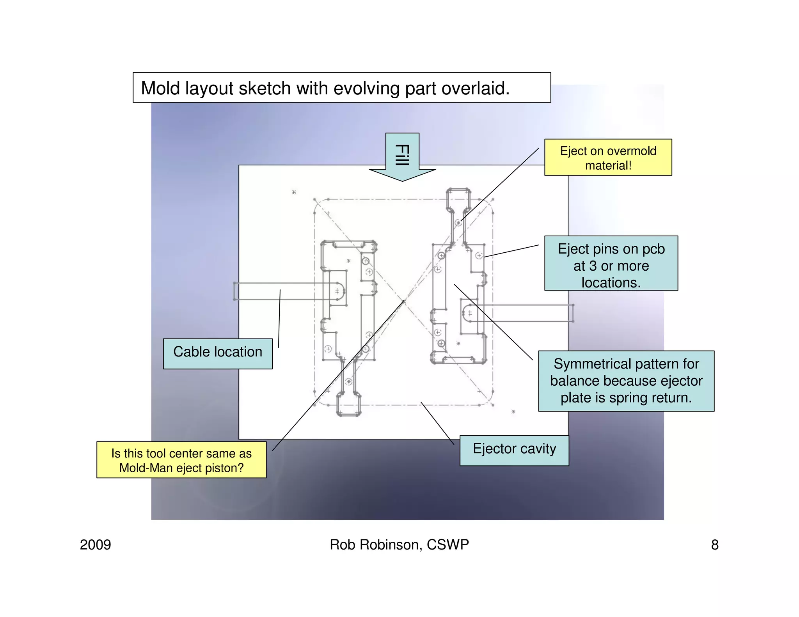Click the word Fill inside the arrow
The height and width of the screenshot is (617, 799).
point(402,155)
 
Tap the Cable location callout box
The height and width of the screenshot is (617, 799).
point(217,353)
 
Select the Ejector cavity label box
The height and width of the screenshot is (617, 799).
point(514,450)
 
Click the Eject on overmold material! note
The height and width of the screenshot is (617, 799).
point(607,158)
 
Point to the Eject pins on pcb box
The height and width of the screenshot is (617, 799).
point(611,263)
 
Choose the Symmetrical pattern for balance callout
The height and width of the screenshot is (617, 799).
point(626,381)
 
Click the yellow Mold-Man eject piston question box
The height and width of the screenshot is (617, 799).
point(181,460)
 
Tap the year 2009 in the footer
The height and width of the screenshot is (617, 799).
point(95,544)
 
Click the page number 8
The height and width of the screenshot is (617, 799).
point(714,545)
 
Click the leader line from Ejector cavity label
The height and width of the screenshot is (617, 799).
point(437,423)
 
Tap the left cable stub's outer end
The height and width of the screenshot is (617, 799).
point(235,291)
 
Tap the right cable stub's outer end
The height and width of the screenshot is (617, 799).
point(572,313)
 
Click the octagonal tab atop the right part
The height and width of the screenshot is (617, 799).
point(458,199)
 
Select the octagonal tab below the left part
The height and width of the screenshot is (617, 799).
point(348,405)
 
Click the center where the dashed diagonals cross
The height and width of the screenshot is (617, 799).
point(404,302)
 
